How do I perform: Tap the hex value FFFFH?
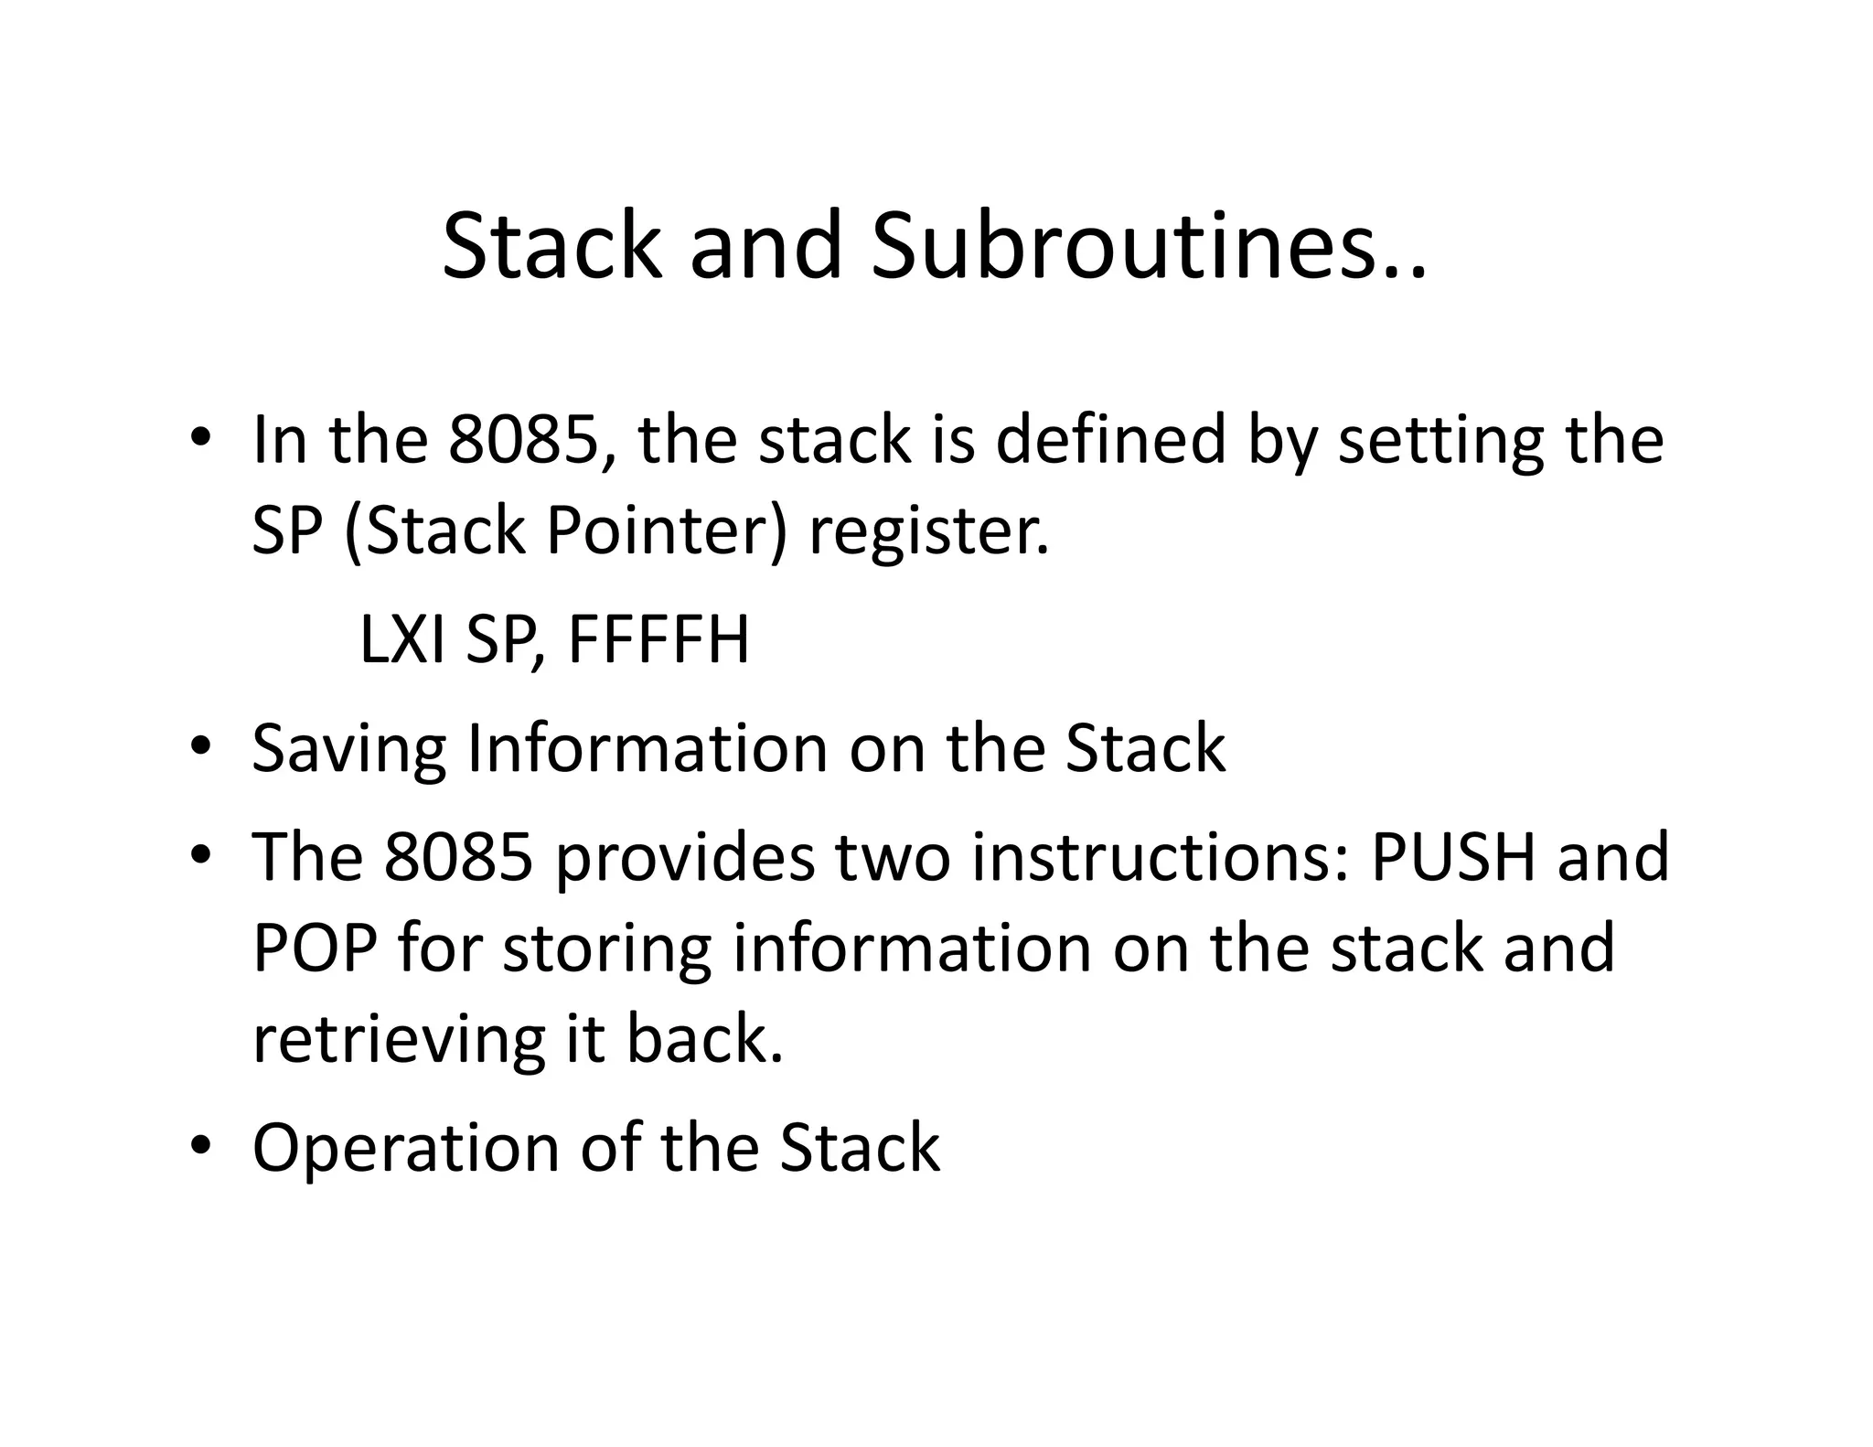point(658,640)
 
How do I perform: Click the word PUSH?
point(1451,858)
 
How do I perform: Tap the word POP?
point(314,949)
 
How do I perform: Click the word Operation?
point(404,1149)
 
